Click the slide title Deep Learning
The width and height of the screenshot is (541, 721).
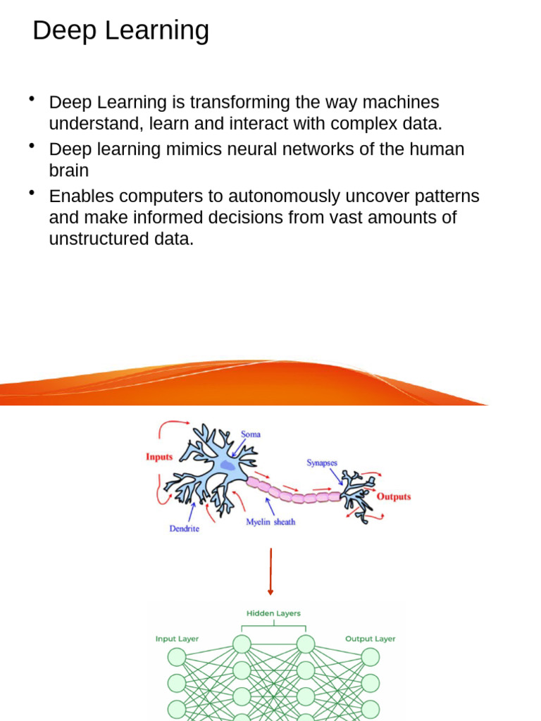[120, 31]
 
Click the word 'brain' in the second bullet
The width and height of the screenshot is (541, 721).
[68, 170]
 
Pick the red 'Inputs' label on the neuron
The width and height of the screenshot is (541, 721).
[159, 457]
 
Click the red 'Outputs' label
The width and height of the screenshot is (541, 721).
[394, 496]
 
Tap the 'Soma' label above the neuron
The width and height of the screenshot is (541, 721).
[251, 434]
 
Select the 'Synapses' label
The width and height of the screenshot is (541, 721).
[322, 463]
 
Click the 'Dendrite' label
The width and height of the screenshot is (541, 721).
[184, 529]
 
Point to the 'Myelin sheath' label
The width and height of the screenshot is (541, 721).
[270, 522]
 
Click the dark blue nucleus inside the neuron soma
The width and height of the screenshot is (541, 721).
[228, 465]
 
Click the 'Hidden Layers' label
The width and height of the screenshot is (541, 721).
[273, 613]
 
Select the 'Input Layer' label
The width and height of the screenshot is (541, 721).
[177, 639]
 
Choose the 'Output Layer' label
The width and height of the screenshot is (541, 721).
[370, 639]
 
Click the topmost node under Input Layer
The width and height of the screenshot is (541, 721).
[177, 657]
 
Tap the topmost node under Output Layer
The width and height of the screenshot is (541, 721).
[371, 657]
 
